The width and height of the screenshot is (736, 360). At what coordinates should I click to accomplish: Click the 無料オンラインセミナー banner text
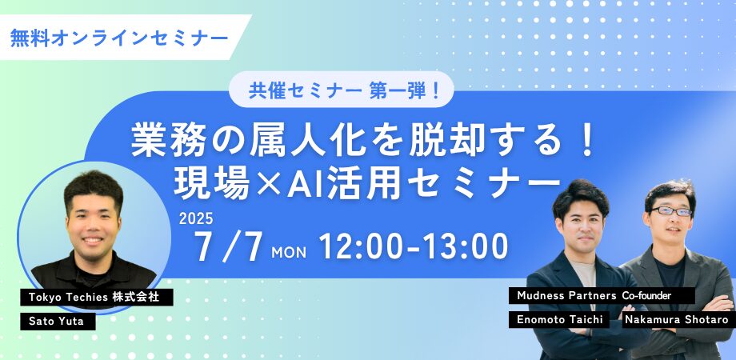tap(119, 38)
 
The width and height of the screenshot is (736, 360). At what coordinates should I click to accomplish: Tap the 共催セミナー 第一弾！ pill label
tap(342, 90)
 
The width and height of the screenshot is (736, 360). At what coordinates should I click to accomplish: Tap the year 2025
tap(196, 218)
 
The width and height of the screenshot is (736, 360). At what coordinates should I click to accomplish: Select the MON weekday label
tap(289, 253)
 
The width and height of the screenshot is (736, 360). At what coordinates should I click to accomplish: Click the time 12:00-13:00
tap(414, 246)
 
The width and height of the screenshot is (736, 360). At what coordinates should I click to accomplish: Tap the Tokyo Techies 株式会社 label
tap(97, 297)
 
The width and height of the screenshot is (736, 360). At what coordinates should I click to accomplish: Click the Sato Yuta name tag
tap(58, 322)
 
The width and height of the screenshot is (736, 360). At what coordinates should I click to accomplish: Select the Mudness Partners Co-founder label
tap(602, 296)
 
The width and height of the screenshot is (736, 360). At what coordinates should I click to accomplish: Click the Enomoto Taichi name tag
tap(559, 320)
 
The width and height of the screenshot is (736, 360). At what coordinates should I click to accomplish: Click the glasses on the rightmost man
tap(671, 212)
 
